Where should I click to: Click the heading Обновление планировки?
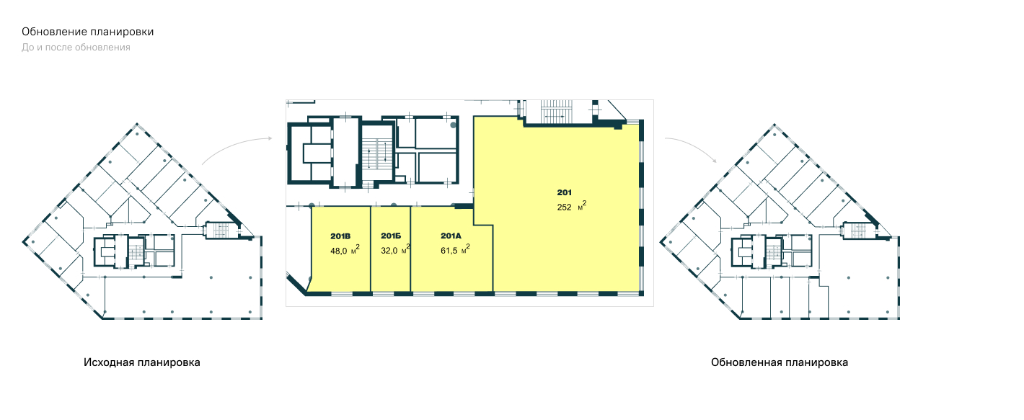coord(87,32)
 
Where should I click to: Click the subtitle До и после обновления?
coord(76,48)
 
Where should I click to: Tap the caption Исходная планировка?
coord(142,362)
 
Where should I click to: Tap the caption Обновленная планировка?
coord(780,362)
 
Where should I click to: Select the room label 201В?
coord(340,236)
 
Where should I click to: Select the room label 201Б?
coord(391,236)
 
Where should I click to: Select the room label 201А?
coord(451,236)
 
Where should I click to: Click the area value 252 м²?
coord(571,206)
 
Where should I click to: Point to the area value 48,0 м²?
coord(345,250)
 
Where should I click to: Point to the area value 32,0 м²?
coord(395,250)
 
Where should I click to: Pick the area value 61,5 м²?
coord(455,250)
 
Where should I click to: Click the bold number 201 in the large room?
coord(564,192)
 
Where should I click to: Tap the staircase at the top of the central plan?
coord(556,112)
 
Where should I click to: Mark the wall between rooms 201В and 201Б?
coord(370,249)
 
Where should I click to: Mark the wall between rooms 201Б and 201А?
coord(410,249)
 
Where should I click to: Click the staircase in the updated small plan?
coord(859,230)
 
